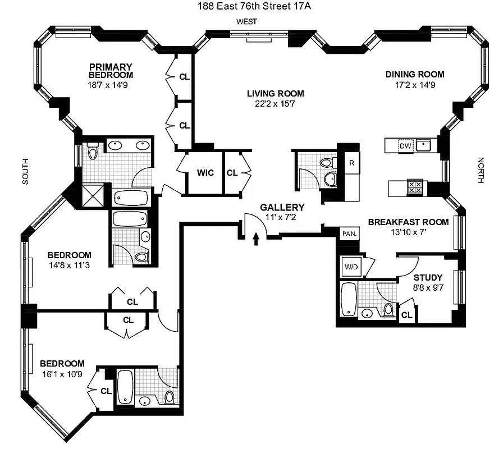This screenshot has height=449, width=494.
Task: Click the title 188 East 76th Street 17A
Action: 246,6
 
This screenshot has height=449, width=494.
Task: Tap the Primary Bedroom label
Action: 111,71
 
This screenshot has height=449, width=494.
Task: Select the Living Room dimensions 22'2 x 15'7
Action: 275,104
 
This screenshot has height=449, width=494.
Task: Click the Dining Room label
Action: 415,74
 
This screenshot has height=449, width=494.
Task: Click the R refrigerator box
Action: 351,163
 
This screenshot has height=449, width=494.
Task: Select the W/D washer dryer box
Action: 351,267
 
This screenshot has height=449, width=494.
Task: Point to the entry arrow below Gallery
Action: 256,240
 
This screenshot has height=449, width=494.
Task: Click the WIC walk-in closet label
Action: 205,172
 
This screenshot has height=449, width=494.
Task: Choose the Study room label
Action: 428,277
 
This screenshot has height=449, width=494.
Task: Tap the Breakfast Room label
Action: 408,222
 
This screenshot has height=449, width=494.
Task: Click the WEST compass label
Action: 246,21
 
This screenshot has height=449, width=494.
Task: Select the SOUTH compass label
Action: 25,171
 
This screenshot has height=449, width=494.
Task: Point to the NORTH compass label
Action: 481,170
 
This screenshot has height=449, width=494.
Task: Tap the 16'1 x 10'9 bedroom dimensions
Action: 62,374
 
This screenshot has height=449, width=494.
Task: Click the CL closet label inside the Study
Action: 406,316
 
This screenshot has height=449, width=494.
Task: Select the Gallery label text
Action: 282,207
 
